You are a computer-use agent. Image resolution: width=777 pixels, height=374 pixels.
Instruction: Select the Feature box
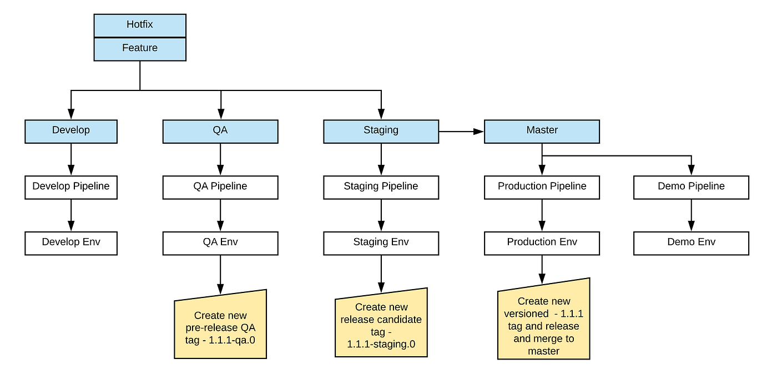point(140,48)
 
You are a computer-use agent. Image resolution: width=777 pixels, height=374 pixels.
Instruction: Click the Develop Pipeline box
point(71,187)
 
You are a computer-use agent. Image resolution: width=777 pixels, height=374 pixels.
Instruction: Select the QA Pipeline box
point(220,187)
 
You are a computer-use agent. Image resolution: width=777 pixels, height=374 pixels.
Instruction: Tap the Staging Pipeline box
point(381,187)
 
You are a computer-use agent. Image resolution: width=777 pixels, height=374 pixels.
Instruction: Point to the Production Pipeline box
point(542,187)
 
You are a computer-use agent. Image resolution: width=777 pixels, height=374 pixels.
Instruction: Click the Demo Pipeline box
point(691,187)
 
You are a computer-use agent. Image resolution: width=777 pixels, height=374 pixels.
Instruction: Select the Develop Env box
point(71,243)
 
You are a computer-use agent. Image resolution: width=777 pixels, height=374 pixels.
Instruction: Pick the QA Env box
point(220,243)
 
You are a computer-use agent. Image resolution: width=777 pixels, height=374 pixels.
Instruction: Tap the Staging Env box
point(381,243)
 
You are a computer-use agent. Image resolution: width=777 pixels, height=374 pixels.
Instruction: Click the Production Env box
point(542,243)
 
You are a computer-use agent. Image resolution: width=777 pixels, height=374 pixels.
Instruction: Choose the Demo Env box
point(691,243)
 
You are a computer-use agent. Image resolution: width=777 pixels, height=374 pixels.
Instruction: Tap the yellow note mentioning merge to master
point(543,322)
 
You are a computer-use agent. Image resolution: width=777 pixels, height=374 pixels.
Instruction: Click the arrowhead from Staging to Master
point(478,132)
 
